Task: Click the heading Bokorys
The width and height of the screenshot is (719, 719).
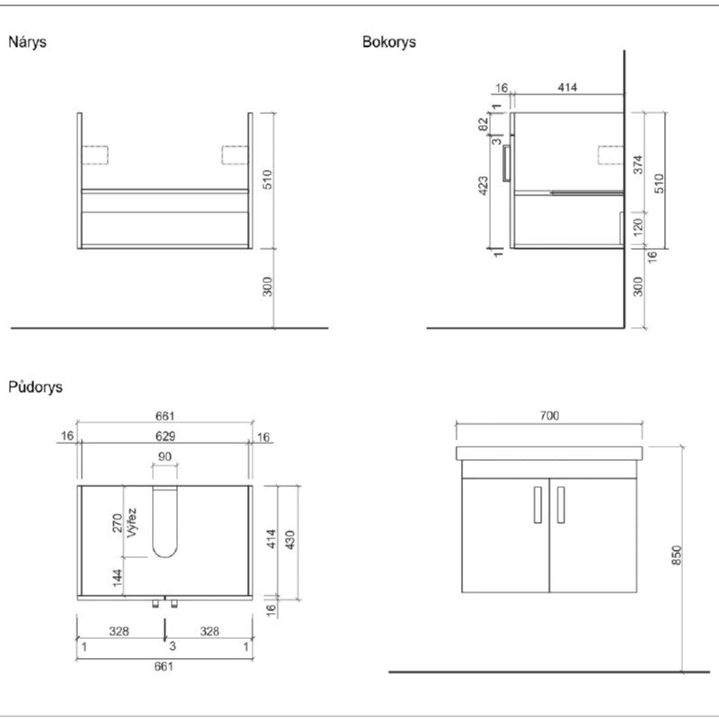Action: click(389, 41)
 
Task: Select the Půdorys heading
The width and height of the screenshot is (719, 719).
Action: click(35, 387)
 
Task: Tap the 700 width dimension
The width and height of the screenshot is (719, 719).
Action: click(550, 415)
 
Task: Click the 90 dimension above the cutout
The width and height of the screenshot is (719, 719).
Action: click(164, 457)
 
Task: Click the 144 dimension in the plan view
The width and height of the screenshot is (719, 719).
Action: click(117, 577)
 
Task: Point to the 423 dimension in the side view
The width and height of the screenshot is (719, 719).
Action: click(484, 186)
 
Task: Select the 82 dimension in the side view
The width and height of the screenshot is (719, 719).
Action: click(484, 124)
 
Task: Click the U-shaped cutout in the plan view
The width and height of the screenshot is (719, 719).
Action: click(164, 522)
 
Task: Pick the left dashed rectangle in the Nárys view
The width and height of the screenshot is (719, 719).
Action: click(94, 155)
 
